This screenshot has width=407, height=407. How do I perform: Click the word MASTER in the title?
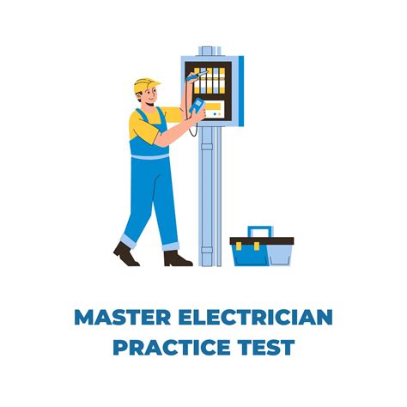pos(123,317)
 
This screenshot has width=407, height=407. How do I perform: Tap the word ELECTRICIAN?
pos(255,317)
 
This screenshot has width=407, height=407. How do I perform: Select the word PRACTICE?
pos(172,347)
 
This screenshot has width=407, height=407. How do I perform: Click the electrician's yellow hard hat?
pos(145,84)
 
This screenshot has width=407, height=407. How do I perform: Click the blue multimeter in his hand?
pos(197,106)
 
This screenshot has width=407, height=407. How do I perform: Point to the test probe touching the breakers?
pos(197,76)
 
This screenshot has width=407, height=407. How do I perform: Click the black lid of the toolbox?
pos(262,241)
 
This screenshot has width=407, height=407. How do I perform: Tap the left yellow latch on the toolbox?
pos(239,246)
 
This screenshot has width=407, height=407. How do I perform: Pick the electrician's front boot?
pos(177,258)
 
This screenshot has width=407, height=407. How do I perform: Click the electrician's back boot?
pos(125,254)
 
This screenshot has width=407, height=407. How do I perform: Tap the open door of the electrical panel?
pos(241,91)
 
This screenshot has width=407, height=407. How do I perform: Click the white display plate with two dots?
pos(215,110)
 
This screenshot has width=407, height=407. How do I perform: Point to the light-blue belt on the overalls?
pos(150,156)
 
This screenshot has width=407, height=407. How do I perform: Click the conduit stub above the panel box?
pos(210,51)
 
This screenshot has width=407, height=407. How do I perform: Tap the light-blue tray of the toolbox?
pos(280,255)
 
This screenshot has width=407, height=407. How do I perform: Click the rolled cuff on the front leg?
pos(171,246)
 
